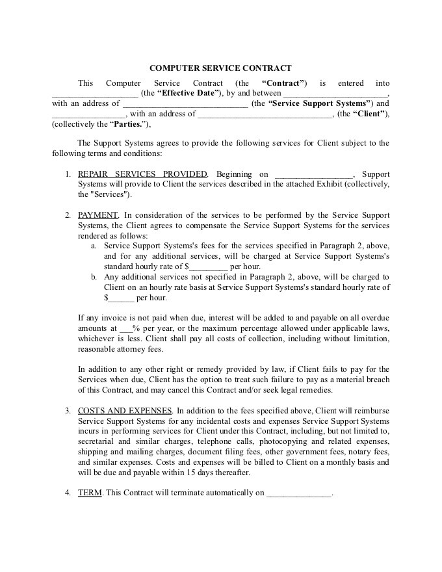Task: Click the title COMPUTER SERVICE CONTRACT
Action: click(x=221, y=68)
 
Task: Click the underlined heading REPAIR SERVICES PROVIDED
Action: click(x=142, y=174)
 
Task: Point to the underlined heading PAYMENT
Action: click(x=97, y=215)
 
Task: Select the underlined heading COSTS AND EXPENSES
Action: click(x=125, y=410)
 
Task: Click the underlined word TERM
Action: click(x=90, y=493)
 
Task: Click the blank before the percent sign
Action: click(x=125, y=329)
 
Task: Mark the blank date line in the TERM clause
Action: click(x=299, y=493)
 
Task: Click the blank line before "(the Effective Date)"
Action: click(x=94, y=93)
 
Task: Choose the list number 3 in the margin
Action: click(x=68, y=410)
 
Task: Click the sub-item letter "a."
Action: click(x=94, y=246)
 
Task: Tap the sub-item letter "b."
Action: click(x=94, y=277)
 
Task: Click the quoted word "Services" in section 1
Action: click(x=104, y=194)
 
